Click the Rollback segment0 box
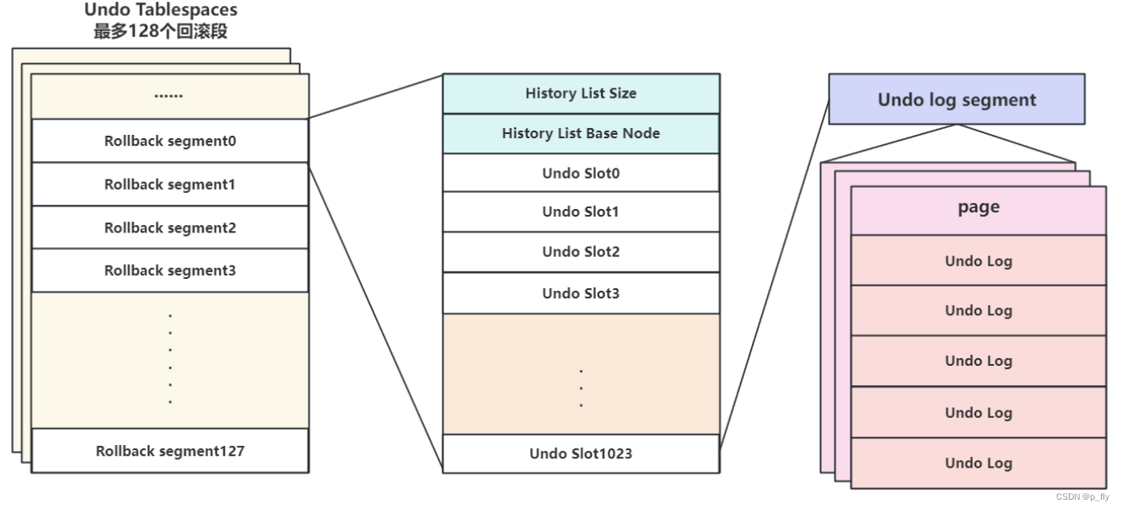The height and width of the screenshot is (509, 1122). tap(169, 141)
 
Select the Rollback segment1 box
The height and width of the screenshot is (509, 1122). tap(169, 185)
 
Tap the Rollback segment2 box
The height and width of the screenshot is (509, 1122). tap(169, 228)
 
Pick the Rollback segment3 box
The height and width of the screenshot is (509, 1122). tap(169, 271)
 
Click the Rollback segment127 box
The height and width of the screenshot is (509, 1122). tap(169, 451)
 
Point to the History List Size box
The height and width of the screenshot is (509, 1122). tap(581, 94)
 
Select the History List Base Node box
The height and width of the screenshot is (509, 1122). tap(581, 133)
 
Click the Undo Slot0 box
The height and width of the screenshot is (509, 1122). tap(581, 173)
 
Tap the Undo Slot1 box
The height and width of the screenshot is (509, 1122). tap(581, 212)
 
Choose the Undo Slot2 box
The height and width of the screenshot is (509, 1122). tap(581, 252)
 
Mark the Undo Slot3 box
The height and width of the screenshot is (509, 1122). tap(581, 293)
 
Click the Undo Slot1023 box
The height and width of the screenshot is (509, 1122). tap(581, 453)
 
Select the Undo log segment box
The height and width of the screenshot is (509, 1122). tap(957, 99)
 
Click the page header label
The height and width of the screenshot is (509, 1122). tap(978, 208)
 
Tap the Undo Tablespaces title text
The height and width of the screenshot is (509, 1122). tap(161, 11)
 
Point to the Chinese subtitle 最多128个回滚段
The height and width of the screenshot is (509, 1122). tap(161, 32)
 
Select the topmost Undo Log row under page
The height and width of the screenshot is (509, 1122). tap(978, 260)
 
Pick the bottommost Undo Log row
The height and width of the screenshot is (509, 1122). tap(978, 463)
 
